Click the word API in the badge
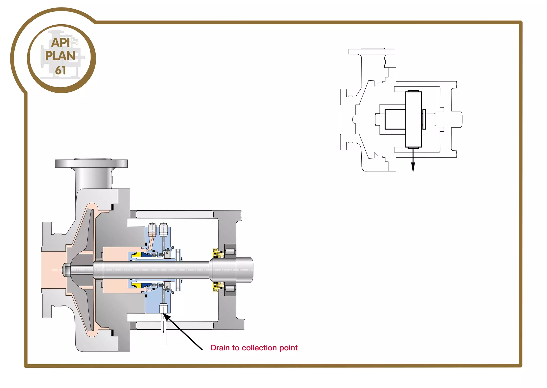[61, 42]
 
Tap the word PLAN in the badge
[60, 56]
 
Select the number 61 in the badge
[60, 70]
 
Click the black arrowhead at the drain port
[166, 317]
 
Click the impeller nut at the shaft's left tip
[66, 270]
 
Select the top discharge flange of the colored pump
[91, 163]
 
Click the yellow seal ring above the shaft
[136, 255]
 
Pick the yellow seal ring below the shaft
[136, 285]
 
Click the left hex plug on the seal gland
[152, 229]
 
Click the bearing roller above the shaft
[230, 251]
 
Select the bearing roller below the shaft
[230, 288]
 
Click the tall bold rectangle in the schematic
[413, 119]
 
